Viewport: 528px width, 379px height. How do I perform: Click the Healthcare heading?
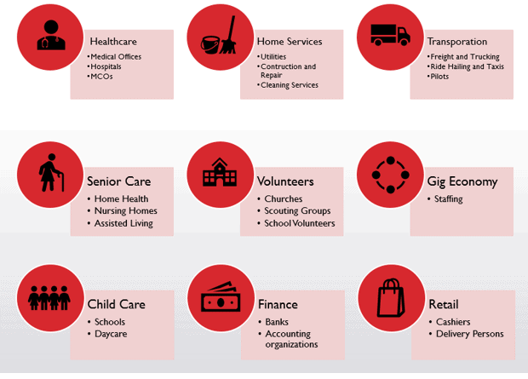113,42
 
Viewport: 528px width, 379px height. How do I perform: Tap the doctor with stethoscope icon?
51,35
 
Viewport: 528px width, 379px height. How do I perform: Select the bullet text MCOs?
101,77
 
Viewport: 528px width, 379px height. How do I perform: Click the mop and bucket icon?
219,36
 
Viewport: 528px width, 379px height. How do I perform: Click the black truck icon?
390,35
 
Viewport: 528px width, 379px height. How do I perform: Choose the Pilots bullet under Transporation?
439,77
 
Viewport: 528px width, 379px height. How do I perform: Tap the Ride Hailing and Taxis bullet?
467,66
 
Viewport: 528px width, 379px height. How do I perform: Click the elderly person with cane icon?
51,173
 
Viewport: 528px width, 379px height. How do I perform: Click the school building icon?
220,172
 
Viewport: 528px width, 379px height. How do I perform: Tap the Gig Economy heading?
462,181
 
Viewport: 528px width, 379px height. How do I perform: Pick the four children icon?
49,298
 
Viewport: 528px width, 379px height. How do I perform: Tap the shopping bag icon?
391,298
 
